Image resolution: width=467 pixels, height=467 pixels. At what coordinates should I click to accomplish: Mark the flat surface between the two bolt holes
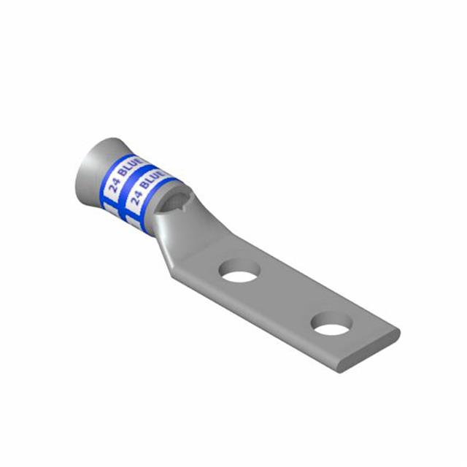coord(286,296)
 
